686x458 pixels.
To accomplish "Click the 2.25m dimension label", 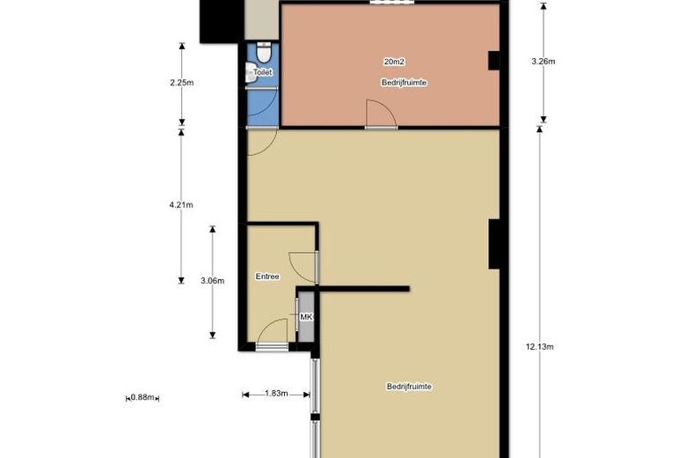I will pos(181,85).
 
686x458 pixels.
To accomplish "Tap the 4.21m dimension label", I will pos(181,205).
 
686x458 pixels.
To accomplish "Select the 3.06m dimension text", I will pos(213,281).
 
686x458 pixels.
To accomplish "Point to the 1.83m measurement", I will pos(276,394).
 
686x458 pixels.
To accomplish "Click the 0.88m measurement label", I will pos(143,397).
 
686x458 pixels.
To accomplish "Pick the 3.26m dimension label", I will pos(544,62).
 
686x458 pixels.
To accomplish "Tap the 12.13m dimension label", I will pos(539,346).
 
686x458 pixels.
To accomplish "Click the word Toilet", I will pos(262,72).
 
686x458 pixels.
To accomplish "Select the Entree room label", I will pos(267,277).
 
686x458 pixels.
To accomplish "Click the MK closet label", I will pos(306,317).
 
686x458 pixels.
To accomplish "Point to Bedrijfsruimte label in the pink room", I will pos(403,83).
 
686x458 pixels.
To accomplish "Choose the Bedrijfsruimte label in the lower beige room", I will pos(408,387).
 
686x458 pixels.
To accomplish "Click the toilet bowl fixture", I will pos(263,54).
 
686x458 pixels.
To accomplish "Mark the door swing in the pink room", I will pos(377,114).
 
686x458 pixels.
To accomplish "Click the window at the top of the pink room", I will pos(390,3).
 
